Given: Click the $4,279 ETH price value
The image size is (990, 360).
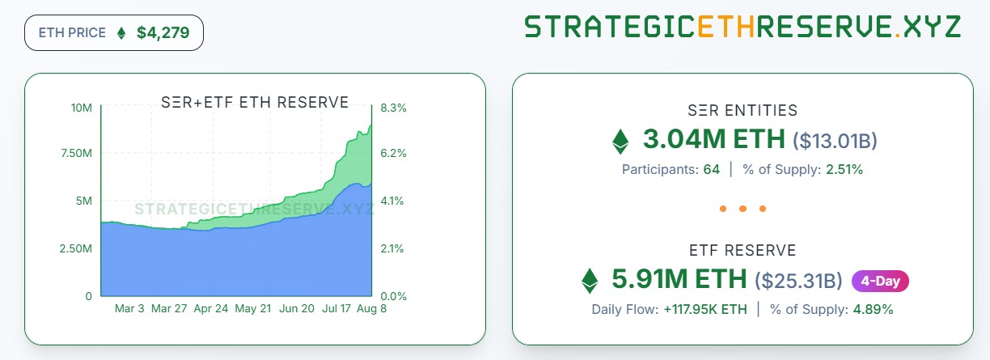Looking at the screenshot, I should pyautogui.click(x=164, y=33).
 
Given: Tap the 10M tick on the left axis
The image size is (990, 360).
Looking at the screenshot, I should pyautogui.click(x=81, y=108).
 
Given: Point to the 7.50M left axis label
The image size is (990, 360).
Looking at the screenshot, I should pyautogui.click(x=76, y=154).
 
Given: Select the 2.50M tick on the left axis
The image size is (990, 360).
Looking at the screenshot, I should pyautogui.click(x=76, y=248).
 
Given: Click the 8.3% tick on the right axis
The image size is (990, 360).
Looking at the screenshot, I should pyautogui.click(x=393, y=108).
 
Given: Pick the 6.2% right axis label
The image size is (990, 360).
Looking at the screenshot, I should pyautogui.click(x=393, y=154).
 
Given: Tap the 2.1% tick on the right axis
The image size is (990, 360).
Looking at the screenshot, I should pyautogui.click(x=393, y=248).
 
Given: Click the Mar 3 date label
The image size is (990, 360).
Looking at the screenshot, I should pyautogui.click(x=129, y=309).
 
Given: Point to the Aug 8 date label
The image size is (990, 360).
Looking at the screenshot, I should pyautogui.click(x=371, y=309).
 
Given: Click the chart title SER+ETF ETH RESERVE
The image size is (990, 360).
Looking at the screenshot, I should pyautogui.click(x=256, y=103).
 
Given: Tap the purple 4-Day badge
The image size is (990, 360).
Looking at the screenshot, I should pyautogui.click(x=880, y=281).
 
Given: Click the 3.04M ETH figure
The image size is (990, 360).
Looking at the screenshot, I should pyautogui.click(x=713, y=139).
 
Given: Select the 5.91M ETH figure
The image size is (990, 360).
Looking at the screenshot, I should pyautogui.click(x=679, y=279).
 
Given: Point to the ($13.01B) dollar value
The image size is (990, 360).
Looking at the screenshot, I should pyautogui.click(x=835, y=141).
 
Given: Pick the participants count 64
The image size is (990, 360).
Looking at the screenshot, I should pyautogui.click(x=711, y=170).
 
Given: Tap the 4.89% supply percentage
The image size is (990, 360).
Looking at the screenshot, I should pyautogui.click(x=872, y=309).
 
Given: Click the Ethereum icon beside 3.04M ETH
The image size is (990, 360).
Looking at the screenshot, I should pyautogui.click(x=620, y=141).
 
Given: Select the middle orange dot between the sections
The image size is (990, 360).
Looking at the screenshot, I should pyautogui.click(x=742, y=209).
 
